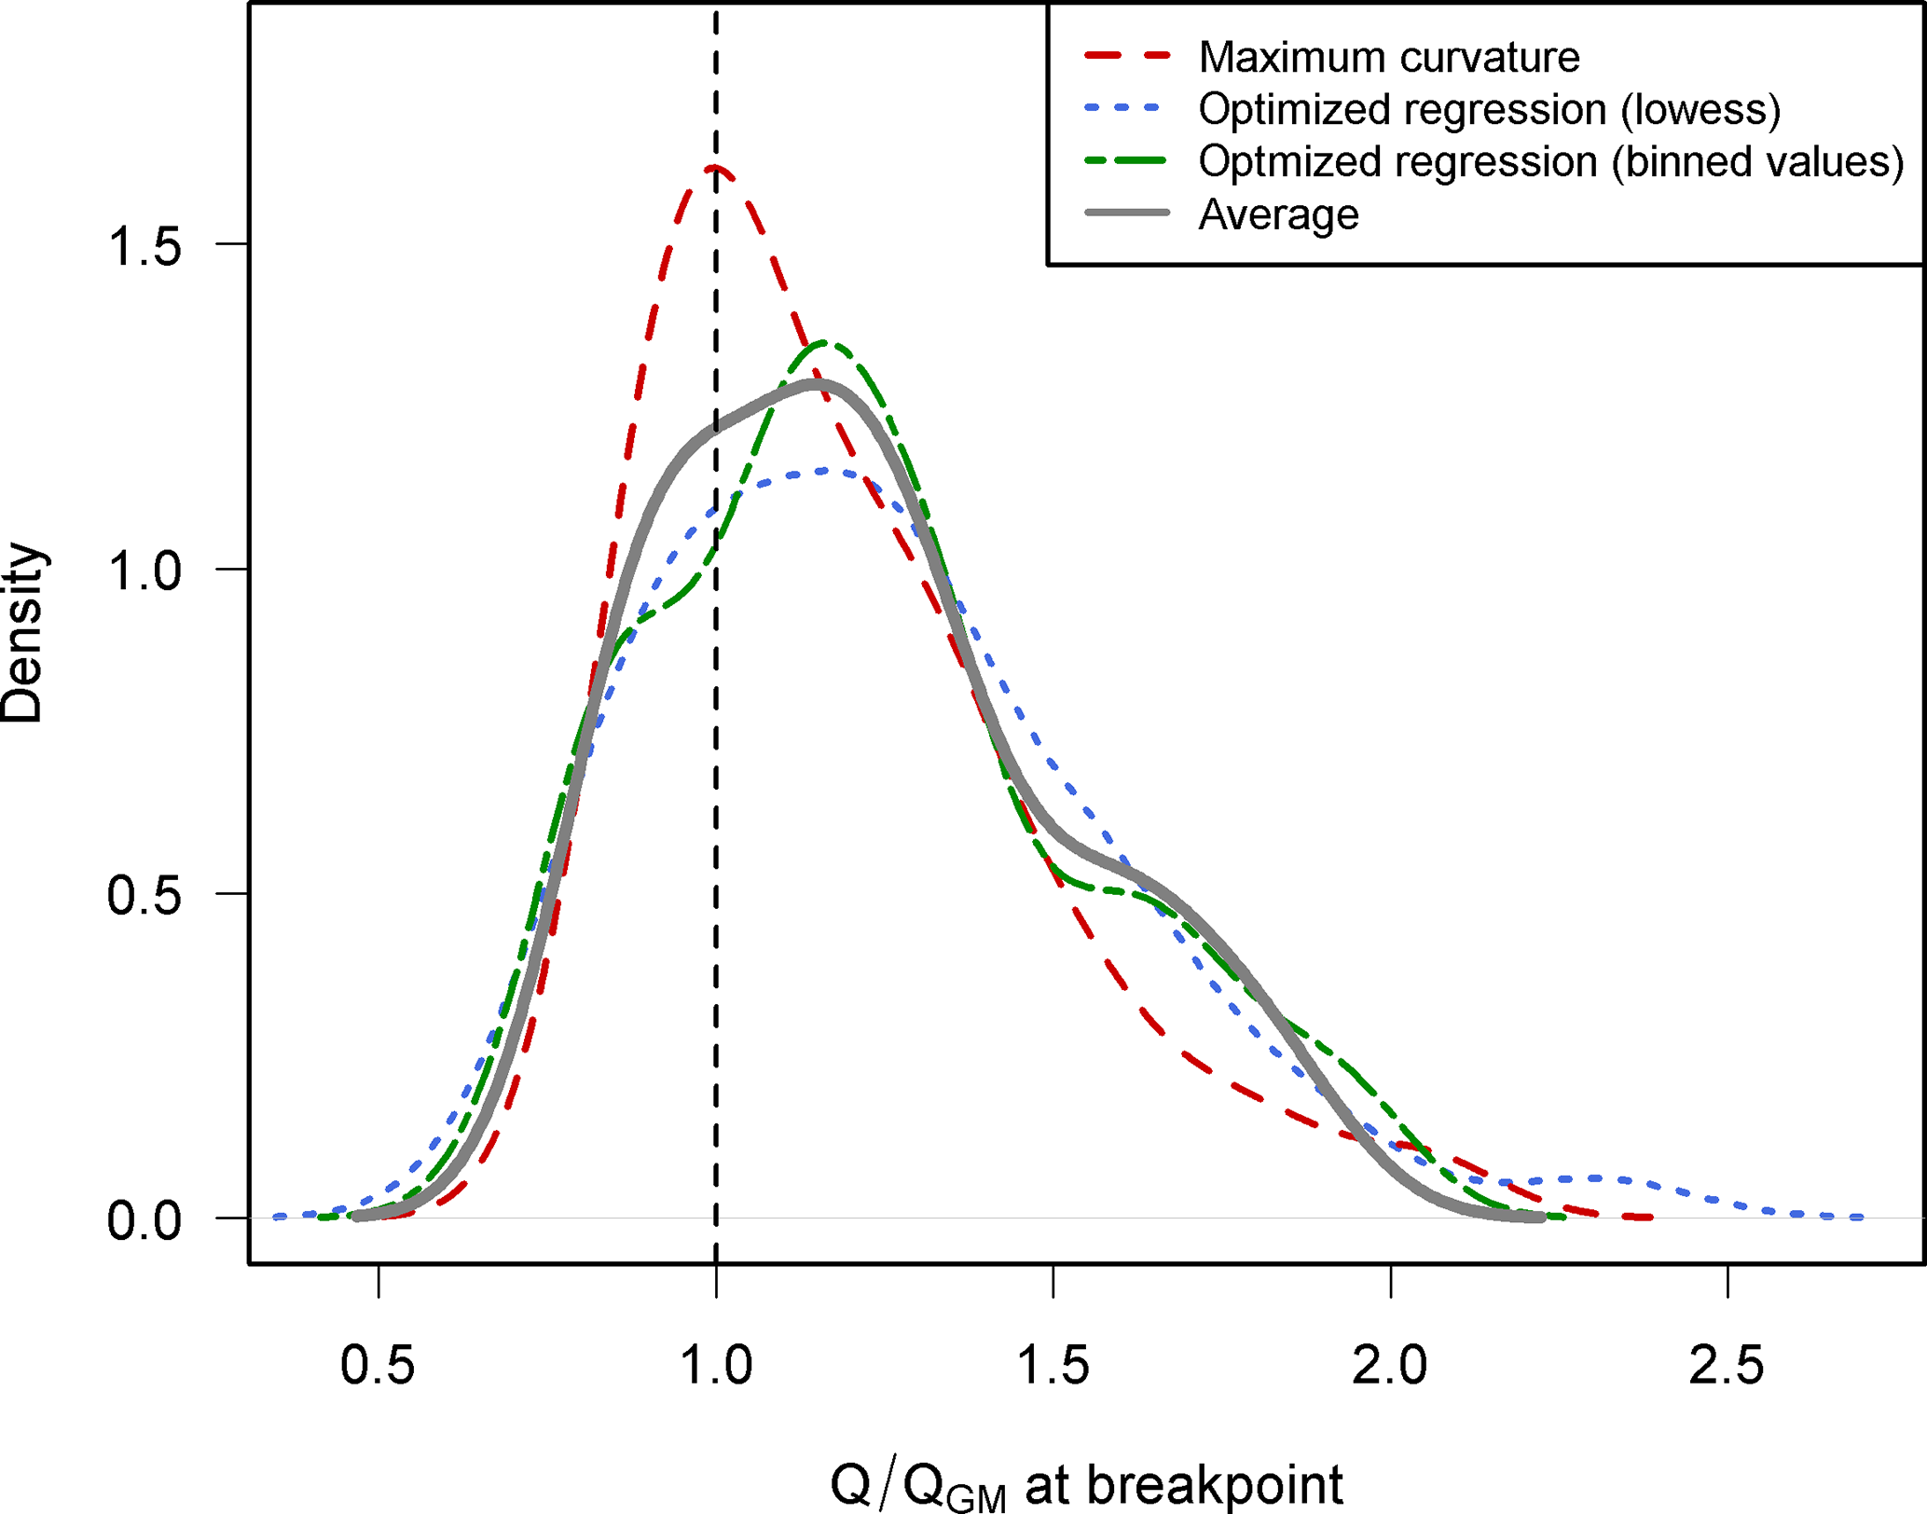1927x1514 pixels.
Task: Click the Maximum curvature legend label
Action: (x=1388, y=58)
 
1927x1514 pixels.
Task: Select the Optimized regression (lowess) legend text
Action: (x=1489, y=110)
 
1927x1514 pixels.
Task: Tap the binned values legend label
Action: (x=1550, y=162)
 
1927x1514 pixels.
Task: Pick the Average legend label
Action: (x=1278, y=215)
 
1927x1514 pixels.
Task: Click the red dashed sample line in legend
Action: (x=1126, y=57)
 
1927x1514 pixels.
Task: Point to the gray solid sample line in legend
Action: (x=1126, y=213)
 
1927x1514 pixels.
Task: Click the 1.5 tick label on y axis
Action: (x=145, y=246)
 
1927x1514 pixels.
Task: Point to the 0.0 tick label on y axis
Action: (x=145, y=1220)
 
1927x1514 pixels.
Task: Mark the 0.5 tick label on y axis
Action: (x=145, y=896)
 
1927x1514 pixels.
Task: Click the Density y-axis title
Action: (x=22, y=633)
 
